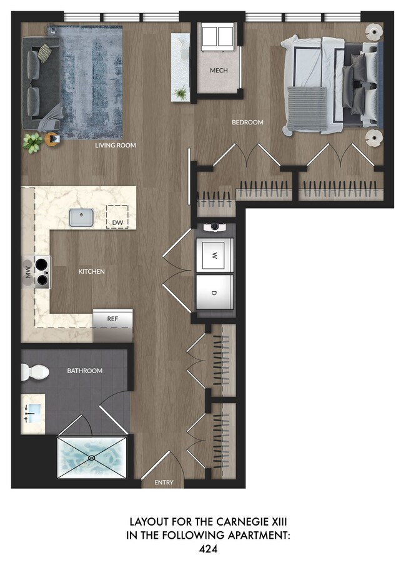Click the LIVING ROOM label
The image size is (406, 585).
pyautogui.click(x=116, y=146)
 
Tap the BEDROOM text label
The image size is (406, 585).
pyautogui.click(x=247, y=122)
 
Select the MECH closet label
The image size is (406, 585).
pyautogui.click(x=219, y=71)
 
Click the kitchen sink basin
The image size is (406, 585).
pyautogui.click(x=82, y=217)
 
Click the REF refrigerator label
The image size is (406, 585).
pyautogui.click(x=112, y=319)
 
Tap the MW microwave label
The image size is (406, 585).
pyautogui.click(x=28, y=272)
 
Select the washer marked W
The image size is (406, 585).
pyautogui.click(x=214, y=256)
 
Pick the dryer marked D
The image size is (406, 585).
pyautogui.click(x=214, y=292)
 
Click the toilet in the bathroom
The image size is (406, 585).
pyautogui.click(x=35, y=372)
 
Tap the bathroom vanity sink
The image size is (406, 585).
pyautogui.click(x=32, y=412)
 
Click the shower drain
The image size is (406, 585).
pyautogui.click(x=92, y=457)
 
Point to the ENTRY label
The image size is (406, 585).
pyautogui.click(x=164, y=482)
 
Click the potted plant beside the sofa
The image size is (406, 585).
pyautogui.click(x=32, y=142)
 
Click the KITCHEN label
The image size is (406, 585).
pyautogui.click(x=91, y=272)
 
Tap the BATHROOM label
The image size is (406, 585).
pyautogui.click(x=84, y=371)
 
